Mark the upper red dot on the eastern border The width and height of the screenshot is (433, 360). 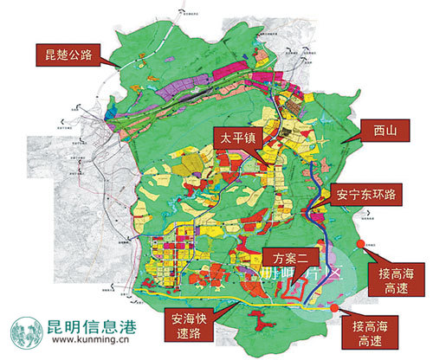370,245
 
